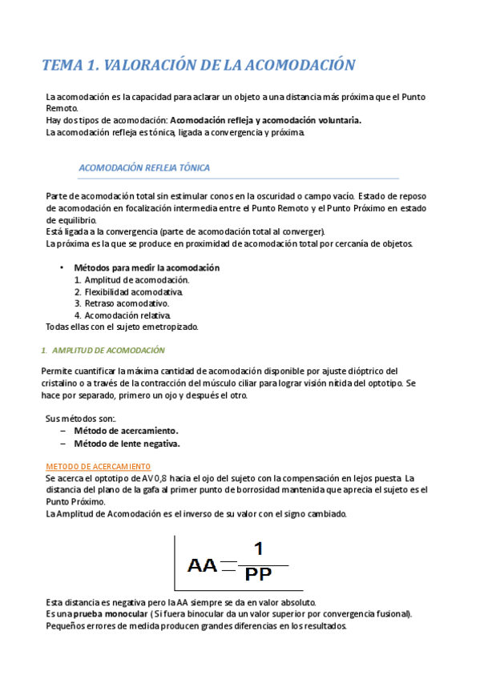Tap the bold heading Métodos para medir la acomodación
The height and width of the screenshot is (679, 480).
146,267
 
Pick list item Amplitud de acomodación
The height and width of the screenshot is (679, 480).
137,279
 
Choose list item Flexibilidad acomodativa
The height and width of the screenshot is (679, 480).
133,291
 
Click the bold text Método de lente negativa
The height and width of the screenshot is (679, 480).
127,443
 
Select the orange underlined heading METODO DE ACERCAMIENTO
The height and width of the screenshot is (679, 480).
99,466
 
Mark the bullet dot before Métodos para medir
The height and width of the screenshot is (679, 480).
62,267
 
